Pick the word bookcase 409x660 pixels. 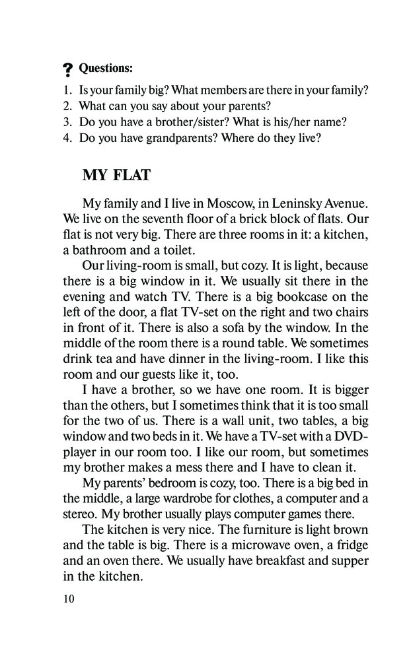[282, 296]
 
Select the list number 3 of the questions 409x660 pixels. [67, 122]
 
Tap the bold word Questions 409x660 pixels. [106, 68]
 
